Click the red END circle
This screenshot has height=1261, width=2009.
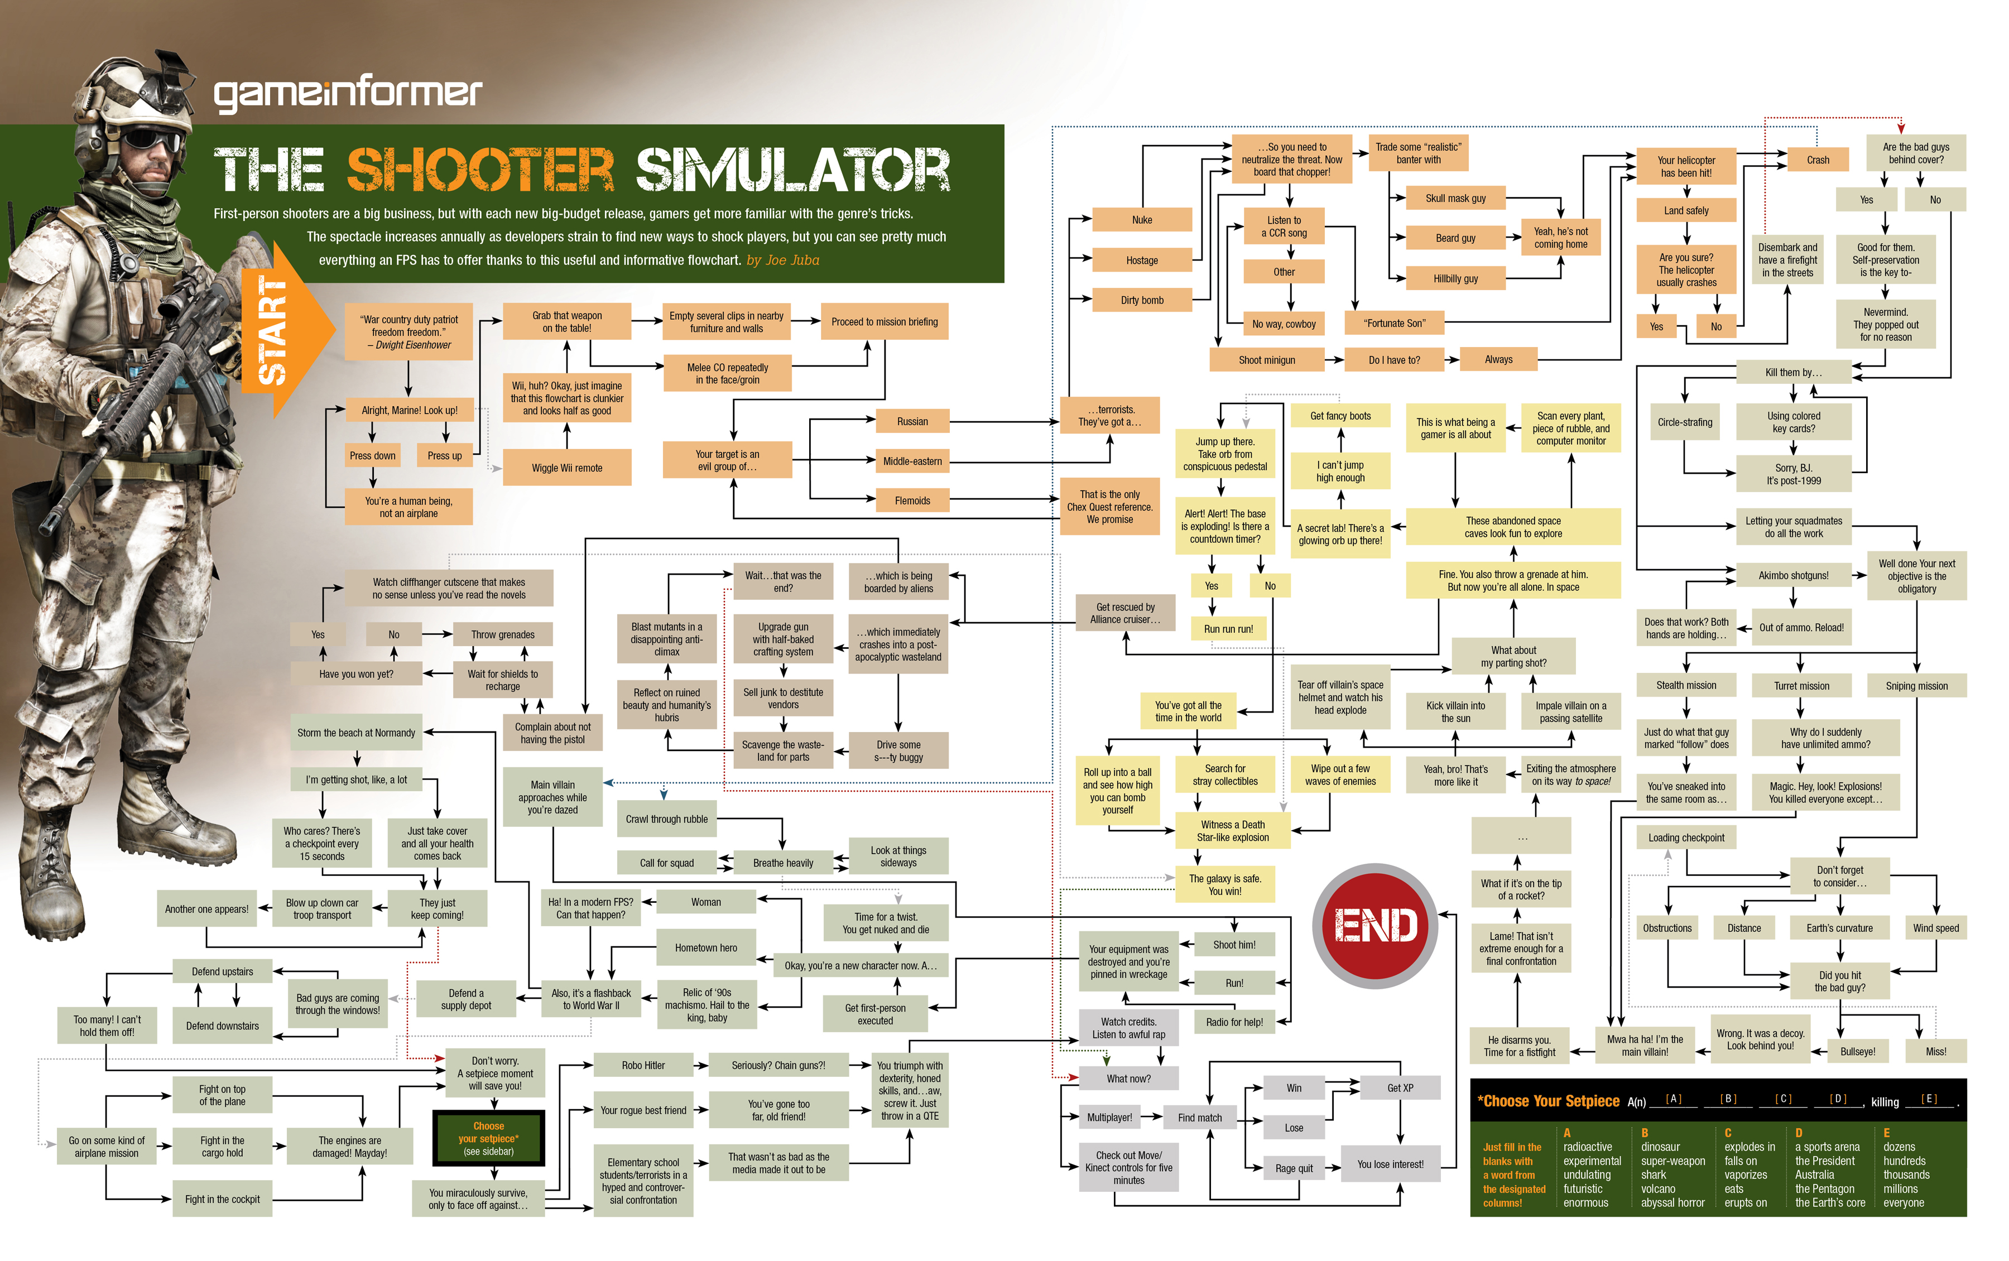(x=1374, y=925)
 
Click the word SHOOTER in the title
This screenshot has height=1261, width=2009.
(x=480, y=170)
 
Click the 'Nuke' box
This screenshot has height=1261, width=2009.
(x=1142, y=220)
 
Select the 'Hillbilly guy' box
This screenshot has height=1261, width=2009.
(x=1455, y=278)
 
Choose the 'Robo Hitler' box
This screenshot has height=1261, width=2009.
(x=643, y=1065)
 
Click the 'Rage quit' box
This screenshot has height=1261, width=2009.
(x=1294, y=1168)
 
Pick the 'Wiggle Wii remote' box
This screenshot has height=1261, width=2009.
(x=566, y=468)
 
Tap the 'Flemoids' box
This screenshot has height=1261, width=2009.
(x=912, y=500)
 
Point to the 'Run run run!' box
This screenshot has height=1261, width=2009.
(x=1228, y=629)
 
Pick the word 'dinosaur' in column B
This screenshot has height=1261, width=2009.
(x=1660, y=1147)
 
